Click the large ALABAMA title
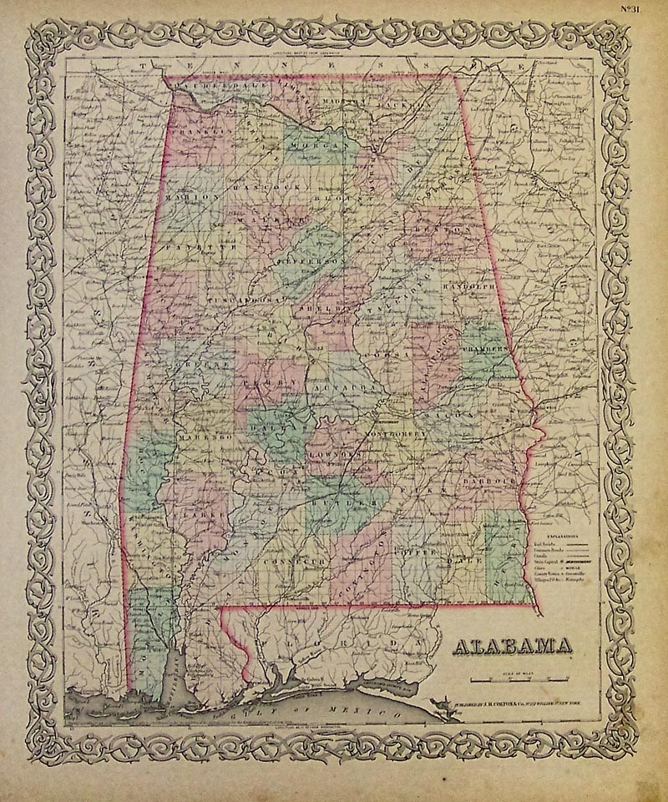[x=512, y=647]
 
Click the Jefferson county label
[x=296, y=260]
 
